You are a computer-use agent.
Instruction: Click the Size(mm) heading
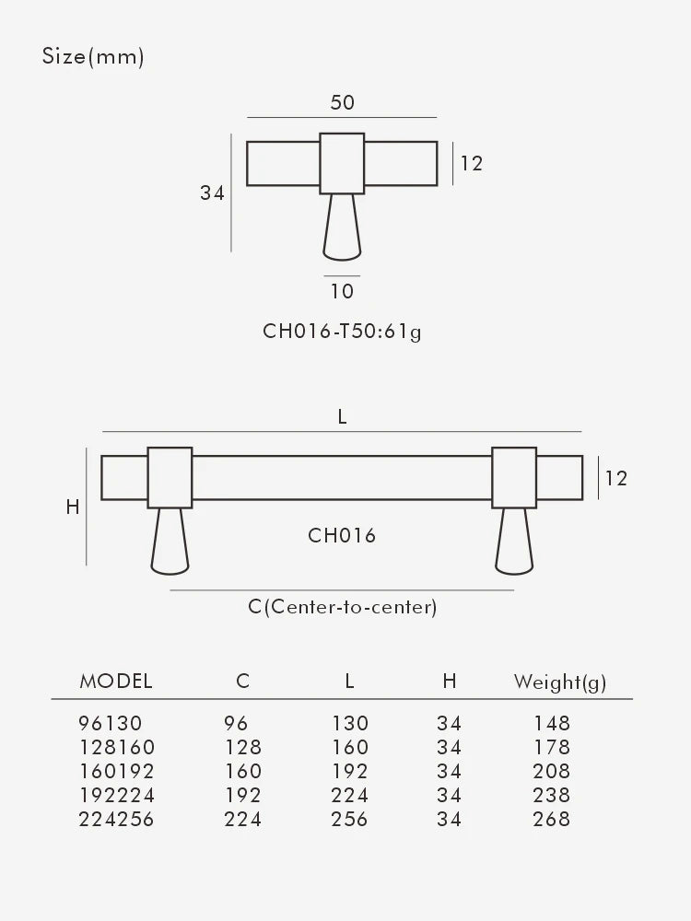click(93, 57)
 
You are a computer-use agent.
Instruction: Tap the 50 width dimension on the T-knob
click(342, 102)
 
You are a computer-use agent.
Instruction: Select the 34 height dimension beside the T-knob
click(213, 193)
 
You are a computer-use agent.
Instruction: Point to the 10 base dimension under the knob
click(342, 292)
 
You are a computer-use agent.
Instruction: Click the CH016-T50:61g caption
click(342, 332)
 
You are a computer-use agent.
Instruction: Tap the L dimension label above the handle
click(343, 416)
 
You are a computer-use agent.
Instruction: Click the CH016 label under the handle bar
click(342, 535)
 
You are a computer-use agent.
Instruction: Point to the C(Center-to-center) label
click(342, 607)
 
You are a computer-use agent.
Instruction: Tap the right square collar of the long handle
click(514, 477)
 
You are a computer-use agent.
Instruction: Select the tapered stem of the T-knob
click(342, 227)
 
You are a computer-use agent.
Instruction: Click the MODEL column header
click(116, 682)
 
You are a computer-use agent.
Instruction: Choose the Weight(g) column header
click(559, 682)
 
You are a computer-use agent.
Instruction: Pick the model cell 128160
click(118, 747)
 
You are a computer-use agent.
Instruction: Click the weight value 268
click(552, 819)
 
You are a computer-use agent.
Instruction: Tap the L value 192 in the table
click(350, 771)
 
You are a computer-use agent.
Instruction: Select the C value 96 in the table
click(236, 723)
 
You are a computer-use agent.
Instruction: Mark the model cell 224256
click(118, 819)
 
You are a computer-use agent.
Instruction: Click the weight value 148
click(552, 723)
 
